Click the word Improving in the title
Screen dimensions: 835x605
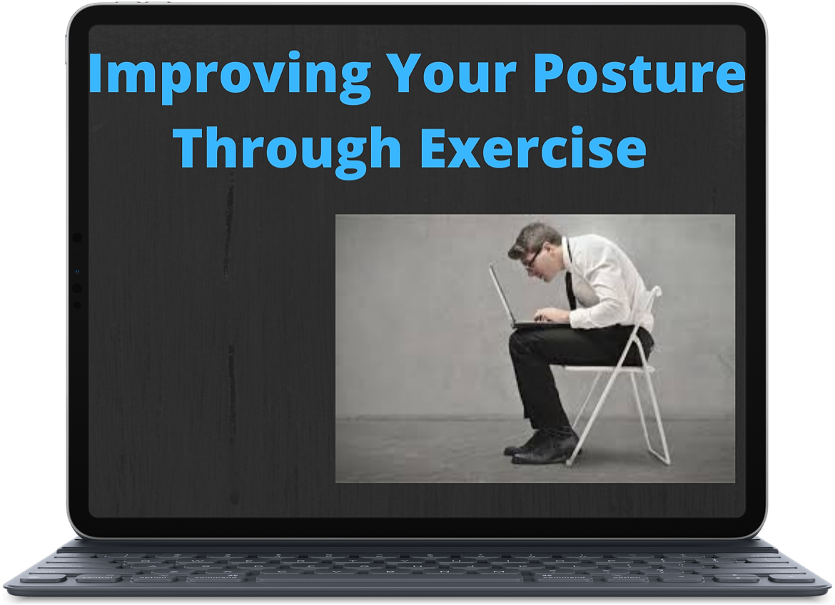coord(230,76)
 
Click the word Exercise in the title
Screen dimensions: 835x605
coord(533,146)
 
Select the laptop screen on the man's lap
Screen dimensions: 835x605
coord(502,295)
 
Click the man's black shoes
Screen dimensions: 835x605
coord(540,447)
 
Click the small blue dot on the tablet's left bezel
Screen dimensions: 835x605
coord(77,272)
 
